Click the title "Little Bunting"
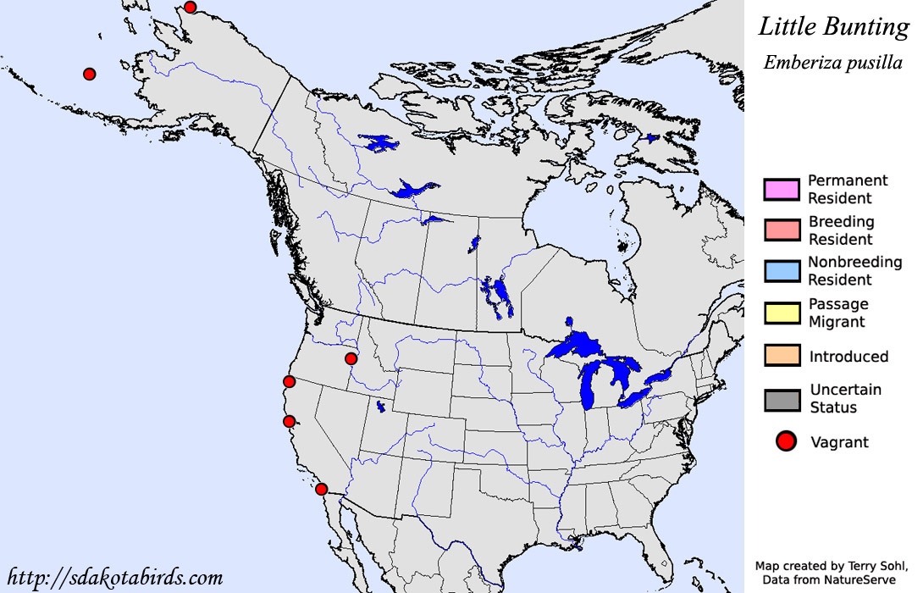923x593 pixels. pos(833,26)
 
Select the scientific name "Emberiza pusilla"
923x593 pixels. pos(832,63)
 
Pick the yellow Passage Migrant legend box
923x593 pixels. pos(782,313)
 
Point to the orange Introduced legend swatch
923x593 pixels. pos(782,355)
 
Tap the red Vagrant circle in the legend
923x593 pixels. pos(787,441)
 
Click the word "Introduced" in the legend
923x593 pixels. pos(848,357)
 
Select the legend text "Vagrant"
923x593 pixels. pos(839,442)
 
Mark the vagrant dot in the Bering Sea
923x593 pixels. pos(89,74)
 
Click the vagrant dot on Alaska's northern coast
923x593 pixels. pos(190,8)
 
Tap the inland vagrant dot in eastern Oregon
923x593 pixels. pos(351,358)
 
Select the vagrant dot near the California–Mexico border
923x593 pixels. pos(321,489)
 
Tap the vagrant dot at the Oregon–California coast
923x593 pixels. pos(289,382)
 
